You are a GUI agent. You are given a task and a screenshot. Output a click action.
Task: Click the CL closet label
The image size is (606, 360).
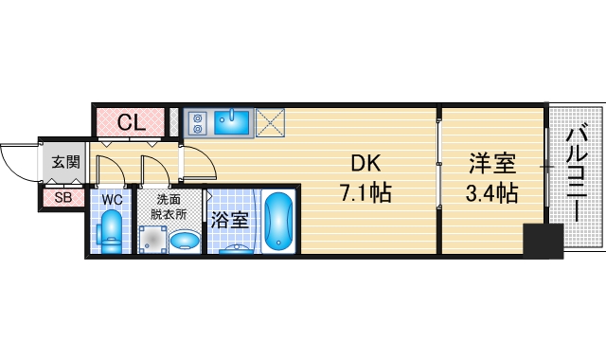click(x=131, y=121)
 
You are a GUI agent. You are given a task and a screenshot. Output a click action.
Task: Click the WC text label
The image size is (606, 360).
click(x=111, y=200)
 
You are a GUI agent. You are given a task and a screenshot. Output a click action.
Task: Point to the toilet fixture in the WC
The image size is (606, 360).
click(x=112, y=230)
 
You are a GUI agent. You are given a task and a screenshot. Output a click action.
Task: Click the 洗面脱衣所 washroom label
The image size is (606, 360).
click(x=169, y=207)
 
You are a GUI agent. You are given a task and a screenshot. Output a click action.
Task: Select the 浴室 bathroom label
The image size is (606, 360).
click(x=230, y=220)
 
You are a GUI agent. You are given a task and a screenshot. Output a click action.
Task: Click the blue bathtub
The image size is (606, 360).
click(x=278, y=222)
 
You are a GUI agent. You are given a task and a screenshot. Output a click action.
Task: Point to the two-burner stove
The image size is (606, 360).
click(x=199, y=122)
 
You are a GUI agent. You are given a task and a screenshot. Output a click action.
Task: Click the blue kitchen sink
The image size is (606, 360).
click(x=232, y=121)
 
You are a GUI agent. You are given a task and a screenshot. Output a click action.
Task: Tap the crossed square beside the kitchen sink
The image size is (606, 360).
click(x=271, y=121)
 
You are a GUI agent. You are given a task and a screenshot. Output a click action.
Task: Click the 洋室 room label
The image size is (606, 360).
click(x=492, y=163)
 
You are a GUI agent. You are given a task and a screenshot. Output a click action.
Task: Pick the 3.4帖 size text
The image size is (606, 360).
click(x=492, y=194)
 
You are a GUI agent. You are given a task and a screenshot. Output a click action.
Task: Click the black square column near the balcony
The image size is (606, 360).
click(x=544, y=240)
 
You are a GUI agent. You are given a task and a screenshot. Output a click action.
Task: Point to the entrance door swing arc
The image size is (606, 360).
click(x=17, y=161)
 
